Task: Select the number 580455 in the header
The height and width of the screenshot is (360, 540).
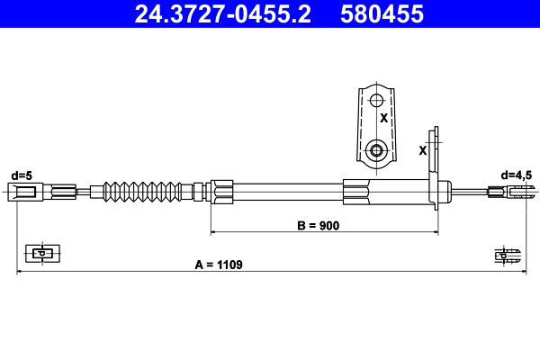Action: pyautogui.click(x=382, y=14)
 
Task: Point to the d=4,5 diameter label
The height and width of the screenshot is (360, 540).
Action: pyautogui.click(x=517, y=174)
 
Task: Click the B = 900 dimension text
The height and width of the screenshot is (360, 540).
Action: pyautogui.click(x=318, y=226)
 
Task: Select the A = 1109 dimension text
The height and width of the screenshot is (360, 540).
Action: pyautogui.click(x=219, y=265)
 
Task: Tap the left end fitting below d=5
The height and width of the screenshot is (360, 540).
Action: pyautogui.click(x=24, y=190)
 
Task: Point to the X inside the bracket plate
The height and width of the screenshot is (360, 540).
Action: pyautogui.click(x=383, y=118)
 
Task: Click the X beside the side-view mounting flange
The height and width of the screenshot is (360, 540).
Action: pyautogui.click(x=422, y=150)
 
